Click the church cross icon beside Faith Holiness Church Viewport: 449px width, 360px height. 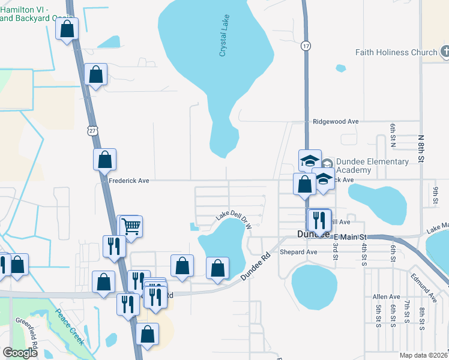coord(445,52)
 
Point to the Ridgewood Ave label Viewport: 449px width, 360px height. coord(336,121)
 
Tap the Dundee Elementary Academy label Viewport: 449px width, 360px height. coord(372,166)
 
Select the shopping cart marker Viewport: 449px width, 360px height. coord(131,226)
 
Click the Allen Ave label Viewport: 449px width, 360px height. coord(386,297)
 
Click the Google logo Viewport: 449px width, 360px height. coord(20,353)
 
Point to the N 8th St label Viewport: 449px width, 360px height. coord(421,146)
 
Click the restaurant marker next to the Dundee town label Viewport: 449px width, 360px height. coord(319,220)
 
